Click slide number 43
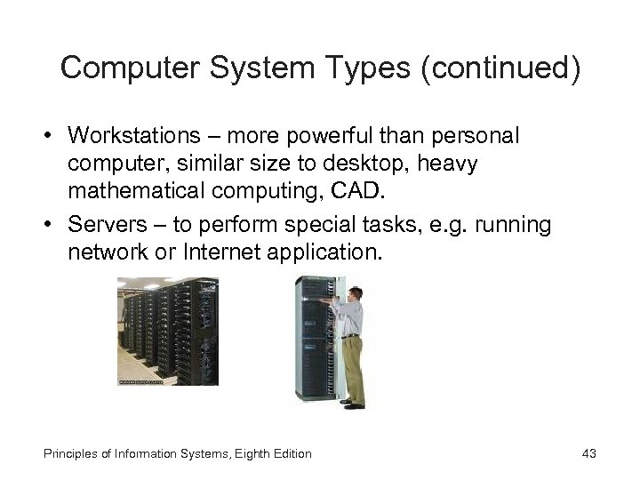tap(588, 454)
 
